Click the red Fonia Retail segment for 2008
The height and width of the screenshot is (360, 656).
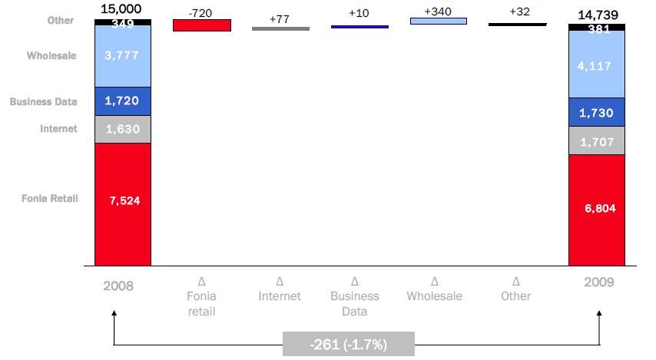(123, 203)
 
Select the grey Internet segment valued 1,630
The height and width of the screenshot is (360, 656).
(123, 129)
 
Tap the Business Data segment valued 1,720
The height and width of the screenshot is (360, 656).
(123, 101)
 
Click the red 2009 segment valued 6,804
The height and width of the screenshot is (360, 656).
(597, 209)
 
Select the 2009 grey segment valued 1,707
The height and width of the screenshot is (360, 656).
(597, 141)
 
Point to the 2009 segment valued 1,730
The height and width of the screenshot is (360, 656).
(597, 112)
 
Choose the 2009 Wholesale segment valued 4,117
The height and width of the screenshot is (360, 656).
(597, 66)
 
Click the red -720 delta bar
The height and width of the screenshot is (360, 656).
(202, 25)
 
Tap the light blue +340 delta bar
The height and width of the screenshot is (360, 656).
(439, 21)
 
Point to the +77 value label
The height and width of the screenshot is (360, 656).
(280, 18)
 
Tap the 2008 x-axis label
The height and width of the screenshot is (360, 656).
(119, 286)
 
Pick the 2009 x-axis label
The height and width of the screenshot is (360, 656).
(598, 282)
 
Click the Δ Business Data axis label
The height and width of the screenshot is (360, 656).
(355, 296)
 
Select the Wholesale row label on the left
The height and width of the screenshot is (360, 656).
(51, 56)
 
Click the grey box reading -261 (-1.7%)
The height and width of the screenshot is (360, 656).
(348, 345)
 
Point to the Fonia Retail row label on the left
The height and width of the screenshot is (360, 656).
(49, 199)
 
